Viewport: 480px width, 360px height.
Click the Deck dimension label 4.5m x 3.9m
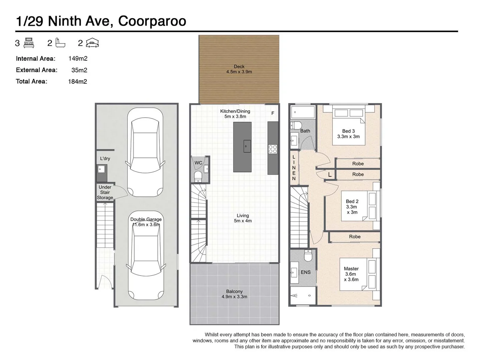tap(239, 72)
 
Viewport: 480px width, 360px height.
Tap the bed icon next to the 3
tap(29, 43)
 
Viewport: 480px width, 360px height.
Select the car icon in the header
tap(92, 43)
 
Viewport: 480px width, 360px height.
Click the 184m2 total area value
tap(77, 81)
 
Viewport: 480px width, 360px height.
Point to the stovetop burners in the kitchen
tap(273, 149)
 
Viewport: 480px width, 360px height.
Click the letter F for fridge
tap(273, 113)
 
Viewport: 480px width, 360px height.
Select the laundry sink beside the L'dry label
tap(101, 169)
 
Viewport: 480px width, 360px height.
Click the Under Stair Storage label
tap(105, 192)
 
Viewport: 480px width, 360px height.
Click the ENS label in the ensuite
tap(306, 272)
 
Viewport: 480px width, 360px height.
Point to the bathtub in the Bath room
tap(303, 112)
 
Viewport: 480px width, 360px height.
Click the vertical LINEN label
tap(294, 168)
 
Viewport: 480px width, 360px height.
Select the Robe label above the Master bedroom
tap(355, 237)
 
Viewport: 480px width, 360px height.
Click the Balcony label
tap(234, 291)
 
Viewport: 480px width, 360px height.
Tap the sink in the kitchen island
tap(247, 146)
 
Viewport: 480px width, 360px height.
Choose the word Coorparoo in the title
tap(152, 21)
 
